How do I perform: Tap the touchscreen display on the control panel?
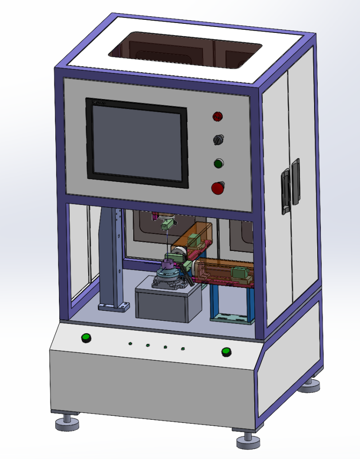click(136, 141)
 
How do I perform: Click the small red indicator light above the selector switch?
click(218, 116)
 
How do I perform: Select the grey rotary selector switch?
click(218, 140)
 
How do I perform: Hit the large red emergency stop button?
click(218, 187)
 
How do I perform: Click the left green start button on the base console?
click(85, 337)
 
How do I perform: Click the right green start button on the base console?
click(226, 351)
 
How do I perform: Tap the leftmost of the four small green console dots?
click(130, 343)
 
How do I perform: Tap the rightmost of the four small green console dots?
click(183, 349)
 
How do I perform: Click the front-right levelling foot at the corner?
click(248, 441)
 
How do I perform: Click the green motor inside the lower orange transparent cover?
click(238, 273)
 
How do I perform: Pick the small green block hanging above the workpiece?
click(167, 224)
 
